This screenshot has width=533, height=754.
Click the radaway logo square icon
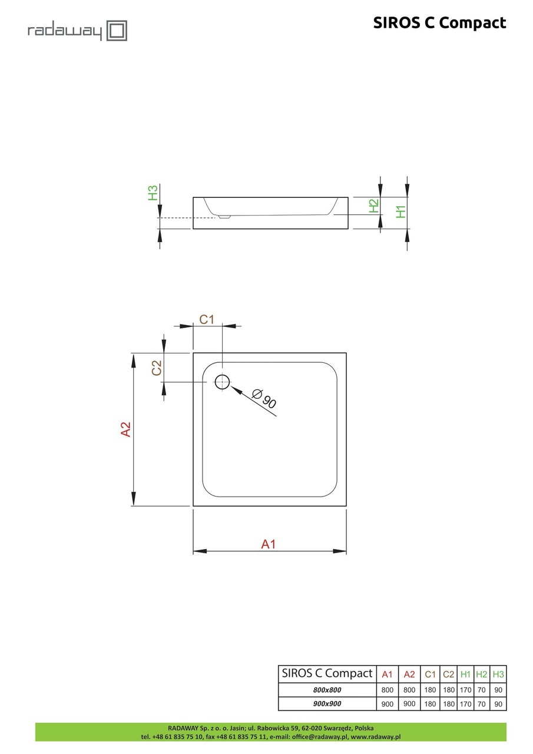[x=117, y=30]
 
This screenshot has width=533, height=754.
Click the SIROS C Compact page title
[x=439, y=22]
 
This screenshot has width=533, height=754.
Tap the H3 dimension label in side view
[x=153, y=193]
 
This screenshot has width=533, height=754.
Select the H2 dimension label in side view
[x=373, y=206]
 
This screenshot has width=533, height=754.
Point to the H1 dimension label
[x=401, y=211]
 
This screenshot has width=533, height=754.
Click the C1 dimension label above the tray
[x=207, y=319]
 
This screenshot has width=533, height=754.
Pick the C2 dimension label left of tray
[x=157, y=368]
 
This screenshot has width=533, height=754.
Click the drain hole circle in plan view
[x=222, y=382]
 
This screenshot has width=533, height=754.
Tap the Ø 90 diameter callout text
[x=263, y=399]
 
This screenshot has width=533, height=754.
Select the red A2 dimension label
[x=125, y=429]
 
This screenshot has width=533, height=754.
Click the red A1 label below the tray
[x=269, y=544]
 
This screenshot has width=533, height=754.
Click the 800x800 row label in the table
[x=327, y=690]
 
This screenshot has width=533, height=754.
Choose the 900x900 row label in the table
[x=327, y=703]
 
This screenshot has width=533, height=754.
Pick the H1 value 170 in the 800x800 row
[x=465, y=690]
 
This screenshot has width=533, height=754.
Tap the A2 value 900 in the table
[x=409, y=703]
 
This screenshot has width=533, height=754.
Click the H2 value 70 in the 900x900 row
[x=482, y=703]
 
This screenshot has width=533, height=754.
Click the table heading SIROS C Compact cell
[x=327, y=673]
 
